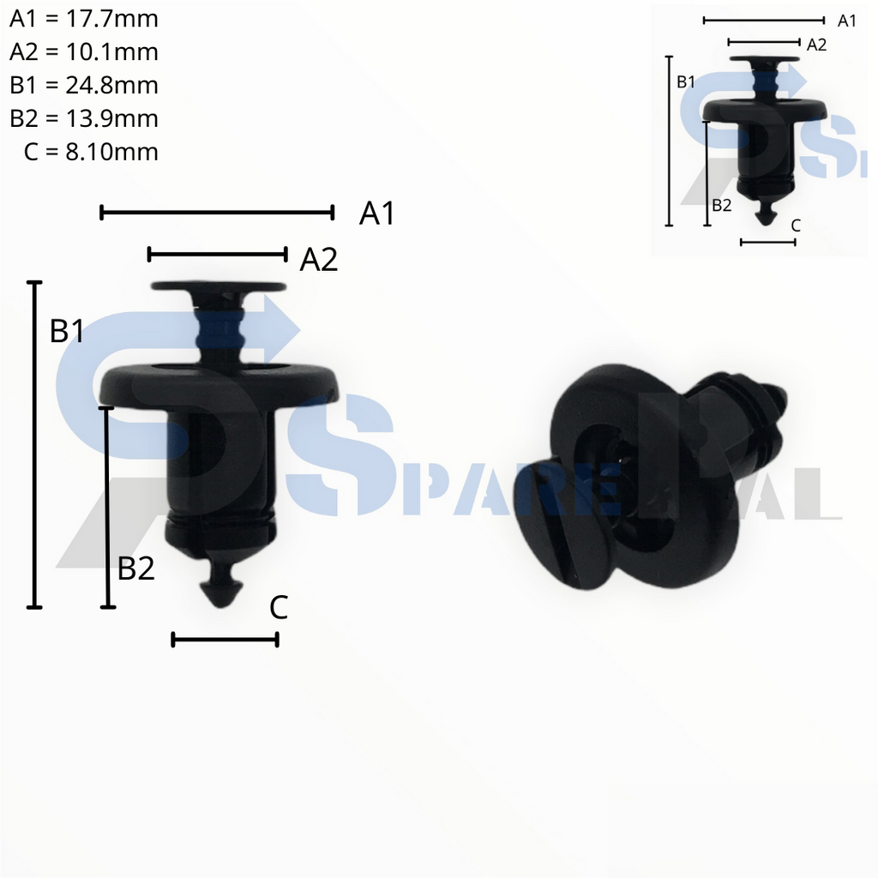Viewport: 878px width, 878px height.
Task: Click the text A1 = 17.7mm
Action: click(x=83, y=19)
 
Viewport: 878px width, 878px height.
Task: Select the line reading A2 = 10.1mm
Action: click(x=83, y=52)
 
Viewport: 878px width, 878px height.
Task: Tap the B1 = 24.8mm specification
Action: click(x=83, y=86)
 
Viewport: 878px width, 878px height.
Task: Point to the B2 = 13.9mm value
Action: click(x=83, y=118)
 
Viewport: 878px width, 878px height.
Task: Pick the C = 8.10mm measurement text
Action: click(x=91, y=152)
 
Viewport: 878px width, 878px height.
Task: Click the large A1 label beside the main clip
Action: click(x=376, y=213)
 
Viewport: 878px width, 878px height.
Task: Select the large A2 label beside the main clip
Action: click(x=318, y=260)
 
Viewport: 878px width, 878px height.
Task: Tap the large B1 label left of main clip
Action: click(x=67, y=331)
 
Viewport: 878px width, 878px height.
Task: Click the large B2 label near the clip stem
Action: click(x=136, y=568)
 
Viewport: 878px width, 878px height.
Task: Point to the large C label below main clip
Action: click(x=278, y=608)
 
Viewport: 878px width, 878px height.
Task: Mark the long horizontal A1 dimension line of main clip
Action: click(x=216, y=212)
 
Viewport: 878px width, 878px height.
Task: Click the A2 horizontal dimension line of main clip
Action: click(x=216, y=253)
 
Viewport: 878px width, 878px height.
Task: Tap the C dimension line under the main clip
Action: click(x=225, y=639)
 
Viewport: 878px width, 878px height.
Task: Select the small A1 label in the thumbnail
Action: click(x=846, y=21)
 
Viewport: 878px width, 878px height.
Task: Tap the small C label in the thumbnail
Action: click(x=796, y=226)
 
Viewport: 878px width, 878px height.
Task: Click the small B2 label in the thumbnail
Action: click(x=721, y=205)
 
